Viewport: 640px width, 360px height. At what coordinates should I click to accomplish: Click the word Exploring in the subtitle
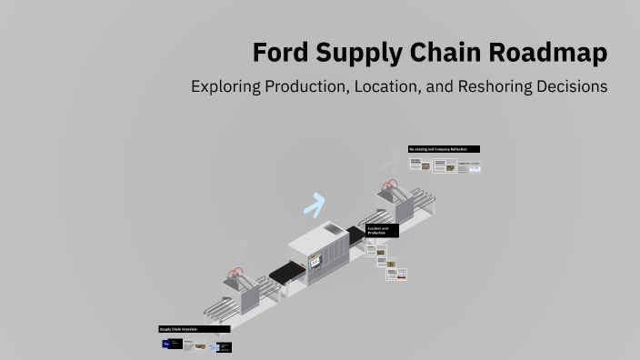(232, 87)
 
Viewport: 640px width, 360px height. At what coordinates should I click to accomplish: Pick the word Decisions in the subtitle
(570, 87)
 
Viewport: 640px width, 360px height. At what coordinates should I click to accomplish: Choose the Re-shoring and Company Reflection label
(444, 149)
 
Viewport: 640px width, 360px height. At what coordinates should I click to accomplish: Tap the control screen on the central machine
(316, 262)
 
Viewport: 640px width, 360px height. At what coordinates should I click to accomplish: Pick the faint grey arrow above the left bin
(238, 244)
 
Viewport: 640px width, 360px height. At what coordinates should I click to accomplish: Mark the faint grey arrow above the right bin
(390, 162)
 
